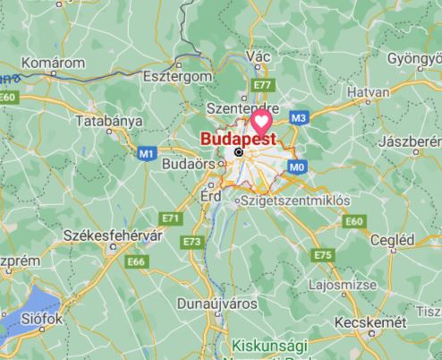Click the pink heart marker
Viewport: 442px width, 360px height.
point(261,122)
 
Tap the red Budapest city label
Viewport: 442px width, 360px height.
point(237,140)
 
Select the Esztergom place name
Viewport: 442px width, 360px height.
point(175,77)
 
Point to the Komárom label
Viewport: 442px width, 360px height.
point(55,63)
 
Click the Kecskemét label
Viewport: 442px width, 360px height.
point(370,321)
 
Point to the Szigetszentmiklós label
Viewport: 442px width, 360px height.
point(293,201)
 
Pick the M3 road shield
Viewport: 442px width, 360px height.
point(299,117)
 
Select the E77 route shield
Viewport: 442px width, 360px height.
point(262,85)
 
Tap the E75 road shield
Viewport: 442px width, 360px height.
point(323,257)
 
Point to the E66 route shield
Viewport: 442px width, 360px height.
point(136,261)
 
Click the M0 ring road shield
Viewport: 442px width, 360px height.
point(299,166)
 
